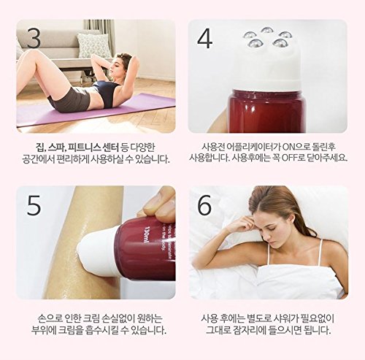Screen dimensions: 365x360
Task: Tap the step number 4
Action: tap(205, 39)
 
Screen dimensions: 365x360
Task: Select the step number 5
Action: tap(34, 205)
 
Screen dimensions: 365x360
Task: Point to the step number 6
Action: tap(204, 205)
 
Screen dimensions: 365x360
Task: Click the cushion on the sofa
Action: tap(93, 45)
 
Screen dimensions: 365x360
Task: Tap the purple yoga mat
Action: tap(96, 111)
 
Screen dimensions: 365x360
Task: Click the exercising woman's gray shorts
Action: tap(69, 99)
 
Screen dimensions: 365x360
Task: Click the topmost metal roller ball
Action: tap(267, 31)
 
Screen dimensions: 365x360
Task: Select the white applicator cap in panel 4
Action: tap(267, 69)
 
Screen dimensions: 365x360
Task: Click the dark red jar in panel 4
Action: tap(266, 111)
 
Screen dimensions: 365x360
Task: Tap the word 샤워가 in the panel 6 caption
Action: tap(288, 318)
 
